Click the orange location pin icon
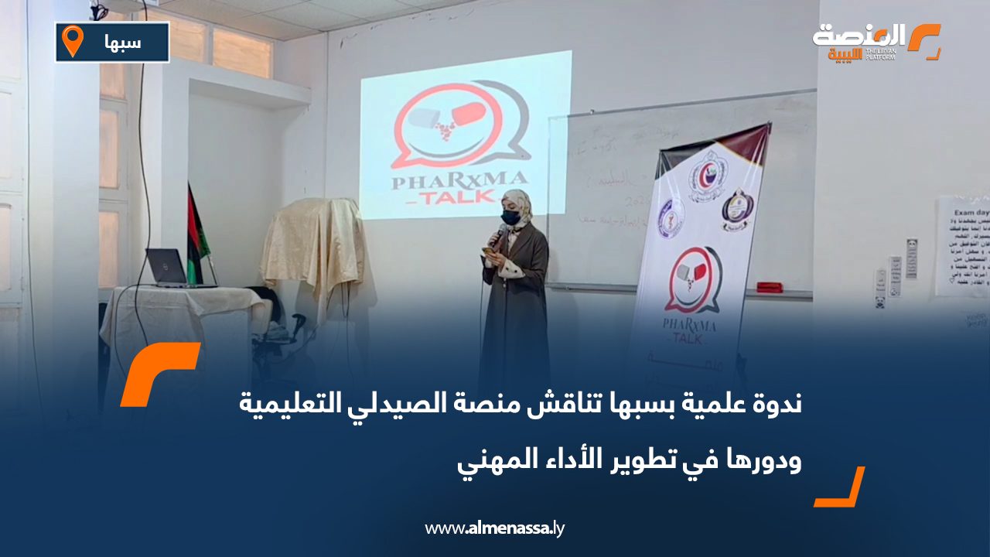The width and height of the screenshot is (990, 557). (72, 41)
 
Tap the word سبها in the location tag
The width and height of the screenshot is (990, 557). (124, 43)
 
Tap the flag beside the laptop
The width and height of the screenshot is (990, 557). (197, 232)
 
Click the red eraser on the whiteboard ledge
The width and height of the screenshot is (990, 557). (770, 288)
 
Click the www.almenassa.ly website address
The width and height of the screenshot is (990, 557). (495, 529)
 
